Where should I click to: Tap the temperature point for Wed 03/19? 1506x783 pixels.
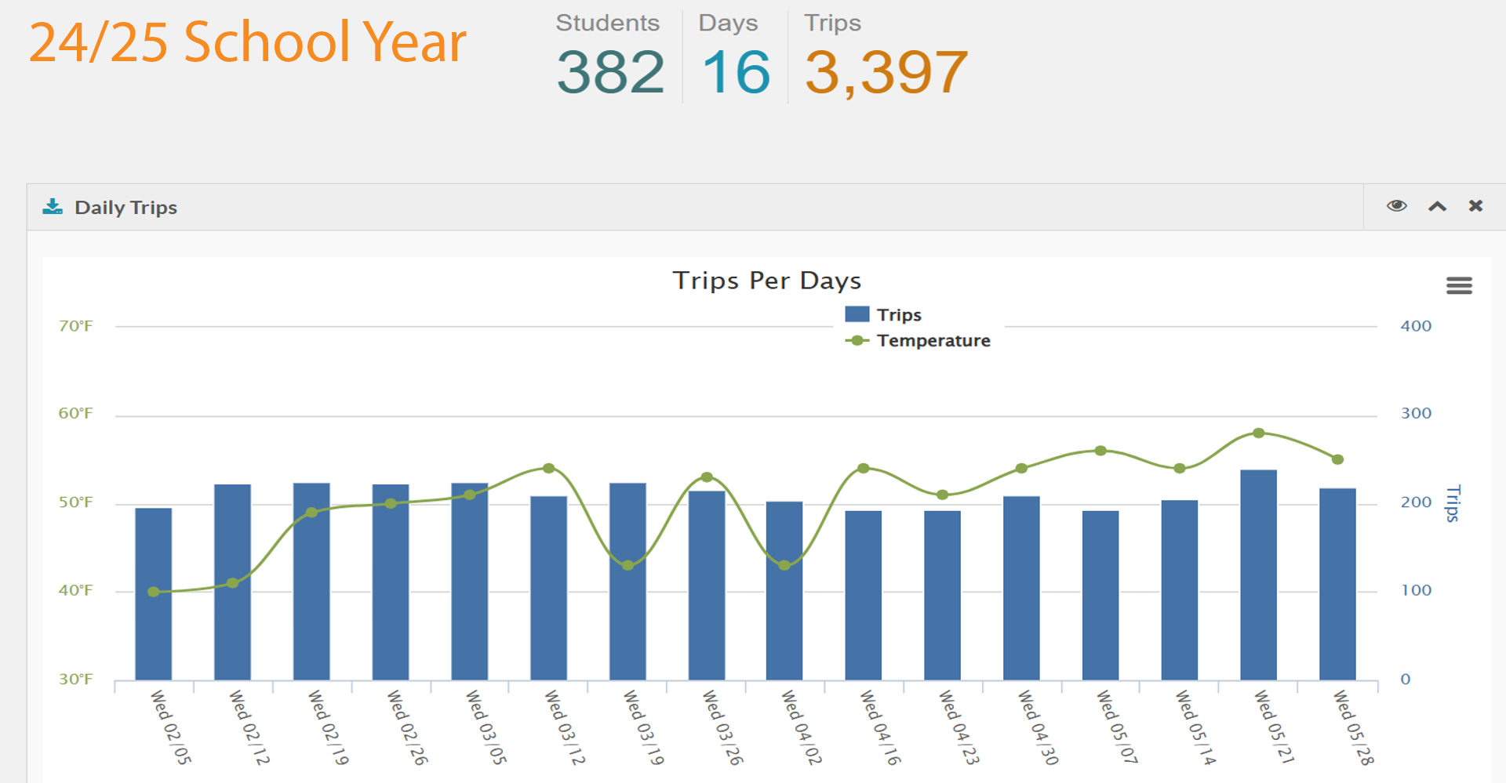pyautogui.click(x=627, y=565)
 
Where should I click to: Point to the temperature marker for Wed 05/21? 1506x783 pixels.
pyautogui.click(x=1258, y=433)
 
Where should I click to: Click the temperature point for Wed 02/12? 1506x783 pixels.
pyautogui.click(x=232, y=583)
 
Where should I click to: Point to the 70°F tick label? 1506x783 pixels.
pyautogui.click(x=75, y=326)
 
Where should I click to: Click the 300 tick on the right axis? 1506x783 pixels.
pyautogui.click(x=1416, y=413)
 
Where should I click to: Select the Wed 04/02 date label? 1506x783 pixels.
pyautogui.click(x=801, y=727)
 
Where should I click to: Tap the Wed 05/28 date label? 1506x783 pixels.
pyautogui.click(x=1353, y=727)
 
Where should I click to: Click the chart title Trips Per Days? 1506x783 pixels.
pyautogui.click(x=766, y=281)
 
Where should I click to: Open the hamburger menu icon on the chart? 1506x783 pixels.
pyautogui.click(x=1459, y=285)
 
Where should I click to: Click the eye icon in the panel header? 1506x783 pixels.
pyautogui.click(x=1396, y=206)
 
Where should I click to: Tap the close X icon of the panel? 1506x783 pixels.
pyautogui.click(x=1475, y=206)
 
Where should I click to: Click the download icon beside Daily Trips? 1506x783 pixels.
pyautogui.click(x=53, y=207)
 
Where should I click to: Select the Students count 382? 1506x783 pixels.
pyautogui.click(x=610, y=72)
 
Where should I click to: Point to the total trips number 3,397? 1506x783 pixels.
pyautogui.click(x=886, y=72)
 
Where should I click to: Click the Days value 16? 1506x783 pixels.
pyautogui.click(x=736, y=72)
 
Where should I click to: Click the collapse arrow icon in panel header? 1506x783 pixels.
pyautogui.click(x=1437, y=206)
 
